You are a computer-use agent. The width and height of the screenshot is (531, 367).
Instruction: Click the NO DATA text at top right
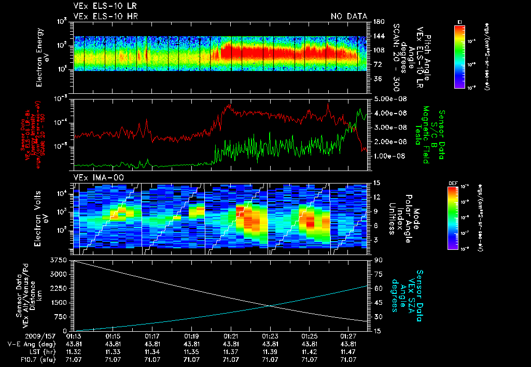349,16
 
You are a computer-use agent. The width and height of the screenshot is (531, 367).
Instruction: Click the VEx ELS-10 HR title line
105,16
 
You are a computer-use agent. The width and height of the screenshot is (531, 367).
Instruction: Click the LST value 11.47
349,351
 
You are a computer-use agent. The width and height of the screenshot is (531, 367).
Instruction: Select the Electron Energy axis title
43,55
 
